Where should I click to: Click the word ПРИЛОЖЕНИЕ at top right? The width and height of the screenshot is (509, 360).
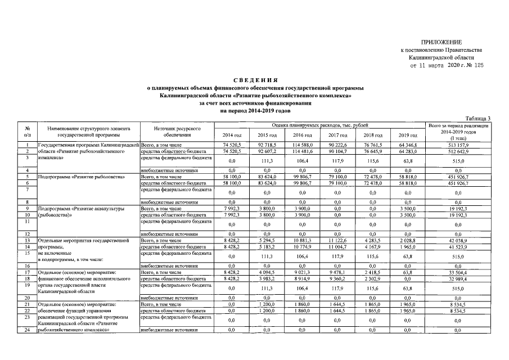[441, 43]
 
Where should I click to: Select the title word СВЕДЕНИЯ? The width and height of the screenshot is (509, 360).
[254, 81]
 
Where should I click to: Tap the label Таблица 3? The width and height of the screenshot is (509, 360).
[478, 118]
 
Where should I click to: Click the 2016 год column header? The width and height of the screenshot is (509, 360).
[302, 136]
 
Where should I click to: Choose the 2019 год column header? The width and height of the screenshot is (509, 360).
[407, 136]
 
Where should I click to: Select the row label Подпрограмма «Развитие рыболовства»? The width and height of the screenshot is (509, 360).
[81, 177]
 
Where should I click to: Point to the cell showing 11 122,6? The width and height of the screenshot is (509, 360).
[337, 240]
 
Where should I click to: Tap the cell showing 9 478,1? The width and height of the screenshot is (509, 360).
[337, 272]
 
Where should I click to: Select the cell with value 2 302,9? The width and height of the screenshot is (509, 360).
[372, 278]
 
